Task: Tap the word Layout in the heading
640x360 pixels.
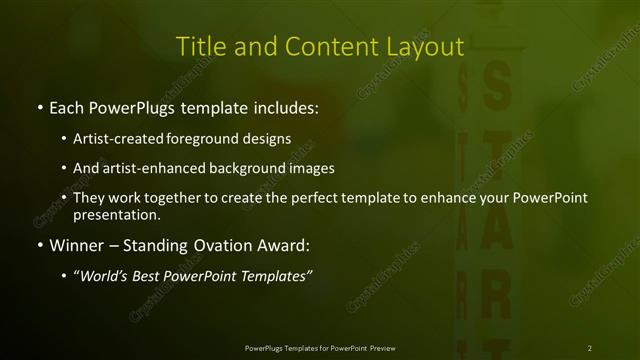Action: [x=424, y=47]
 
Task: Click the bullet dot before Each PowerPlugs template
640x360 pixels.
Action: [x=39, y=105]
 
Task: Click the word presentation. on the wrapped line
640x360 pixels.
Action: [x=117, y=214]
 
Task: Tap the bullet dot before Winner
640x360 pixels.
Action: [x=39, y=245]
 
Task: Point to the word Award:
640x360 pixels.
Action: [x=283, y=245]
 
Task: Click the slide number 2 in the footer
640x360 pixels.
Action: [x=590, y=348]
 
